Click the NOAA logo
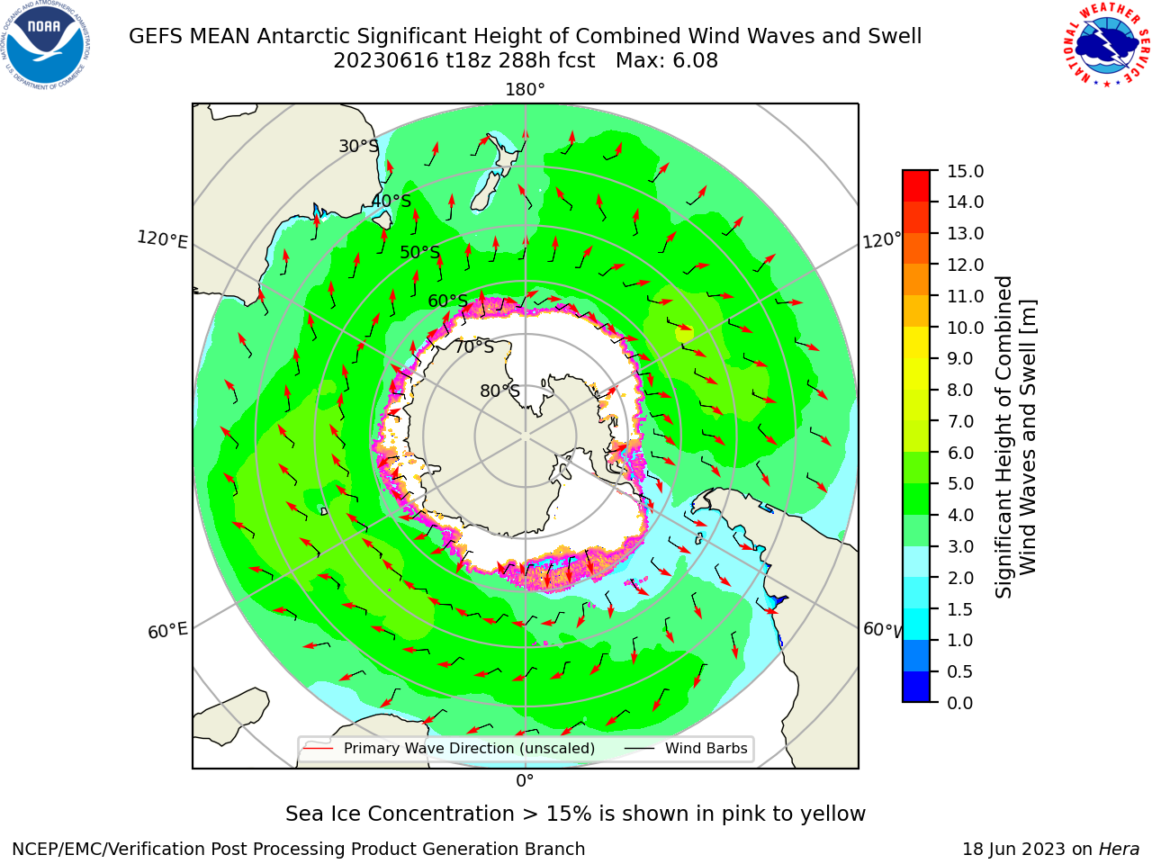tap(46, 45)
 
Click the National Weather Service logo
tap(1106, 45)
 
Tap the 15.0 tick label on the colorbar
tap(965, 171)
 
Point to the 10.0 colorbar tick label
tap(965, 328)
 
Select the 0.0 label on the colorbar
tap(960, 703)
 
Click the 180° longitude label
tap(525, 90)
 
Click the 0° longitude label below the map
tap(525, 781)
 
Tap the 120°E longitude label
tap(162, 239)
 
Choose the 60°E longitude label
tap(167, 631)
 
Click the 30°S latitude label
tap(358, 146)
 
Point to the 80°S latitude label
tap(499, 391)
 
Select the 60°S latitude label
tap(447, 301)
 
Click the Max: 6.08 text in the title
tap(667, 61)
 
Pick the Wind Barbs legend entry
tap(685, 748)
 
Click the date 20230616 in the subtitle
tap(386, 61)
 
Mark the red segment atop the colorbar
tap(916, 185)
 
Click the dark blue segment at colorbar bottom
tap(916, 687)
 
